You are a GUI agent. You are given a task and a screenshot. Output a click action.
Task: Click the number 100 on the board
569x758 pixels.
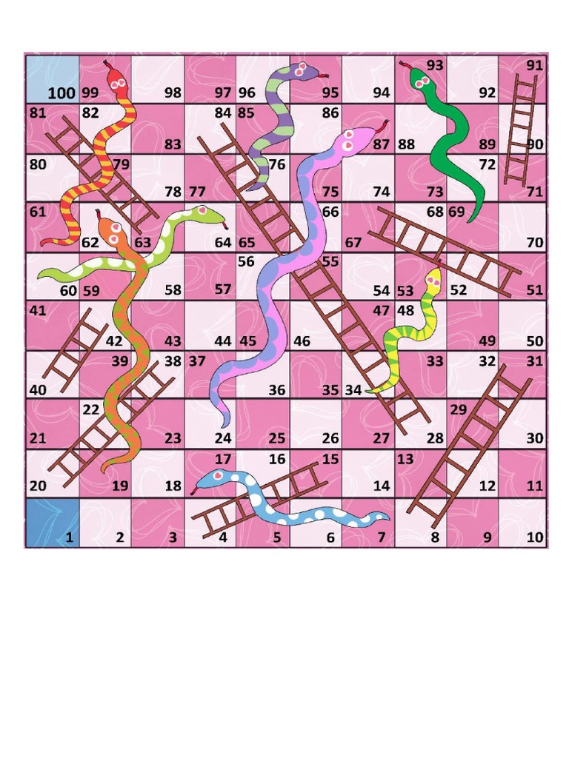point(61,93)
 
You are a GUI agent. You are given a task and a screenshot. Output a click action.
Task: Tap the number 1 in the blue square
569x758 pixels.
point(69,538)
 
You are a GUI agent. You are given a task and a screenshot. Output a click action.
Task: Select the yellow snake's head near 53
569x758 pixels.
point(433,278)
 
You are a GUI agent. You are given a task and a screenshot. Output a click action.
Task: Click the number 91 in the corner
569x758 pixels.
point(534,65)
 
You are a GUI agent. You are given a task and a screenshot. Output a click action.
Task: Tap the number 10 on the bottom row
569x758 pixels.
point(535,538)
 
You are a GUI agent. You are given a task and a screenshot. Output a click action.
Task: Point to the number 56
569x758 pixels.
point(246,261)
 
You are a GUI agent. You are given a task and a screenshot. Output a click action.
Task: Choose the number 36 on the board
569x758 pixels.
point(277,390)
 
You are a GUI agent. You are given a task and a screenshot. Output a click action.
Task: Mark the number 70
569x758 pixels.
point(534,242)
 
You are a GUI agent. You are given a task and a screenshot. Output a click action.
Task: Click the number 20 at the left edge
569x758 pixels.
point(38,486)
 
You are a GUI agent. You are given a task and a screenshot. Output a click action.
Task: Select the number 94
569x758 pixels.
point(381,93)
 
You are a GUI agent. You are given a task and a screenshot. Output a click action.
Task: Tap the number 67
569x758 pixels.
point(353,243)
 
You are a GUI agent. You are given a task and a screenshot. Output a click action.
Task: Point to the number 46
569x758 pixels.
point(302,341)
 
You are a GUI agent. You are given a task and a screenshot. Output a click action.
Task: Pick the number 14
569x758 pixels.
point(382,486)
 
